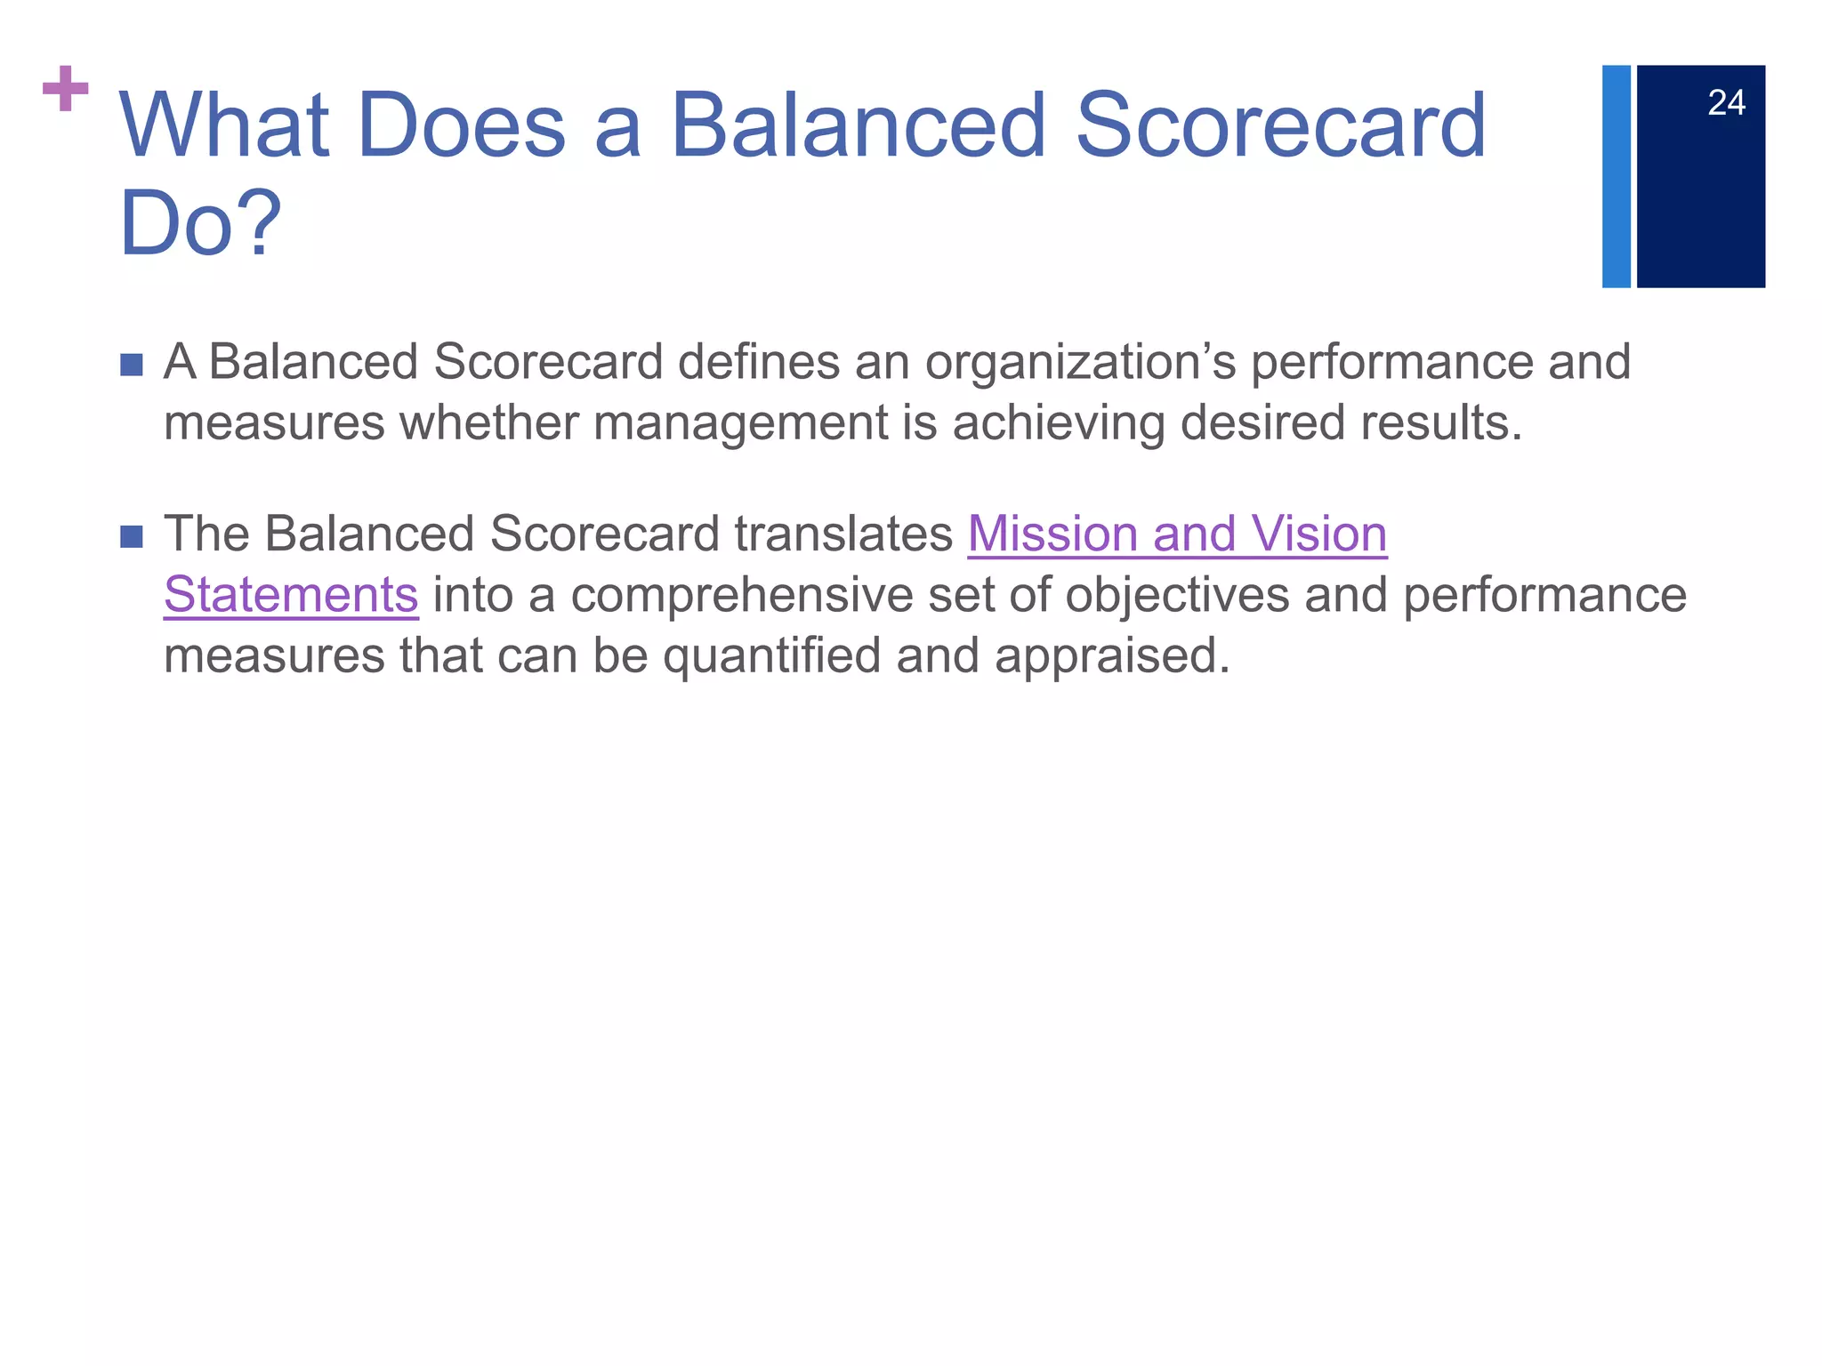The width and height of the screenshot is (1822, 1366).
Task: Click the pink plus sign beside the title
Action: (66, 89)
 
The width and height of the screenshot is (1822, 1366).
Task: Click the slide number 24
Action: (1726, 103)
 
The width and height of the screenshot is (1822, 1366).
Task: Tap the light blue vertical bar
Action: (1616, 176)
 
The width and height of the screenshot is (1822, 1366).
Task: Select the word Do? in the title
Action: (200, 224)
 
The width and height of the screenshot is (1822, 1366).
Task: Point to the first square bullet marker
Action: (132, 365)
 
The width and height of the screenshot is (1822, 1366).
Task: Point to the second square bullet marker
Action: (132, 536)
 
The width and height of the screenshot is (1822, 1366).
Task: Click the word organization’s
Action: (1080, 363)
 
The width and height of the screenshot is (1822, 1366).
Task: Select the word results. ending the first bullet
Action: (1440, 423)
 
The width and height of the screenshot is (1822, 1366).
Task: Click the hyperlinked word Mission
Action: (1052, 534)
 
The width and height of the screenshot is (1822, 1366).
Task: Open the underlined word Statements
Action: (291, 595)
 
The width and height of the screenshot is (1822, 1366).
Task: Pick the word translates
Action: (843, 534)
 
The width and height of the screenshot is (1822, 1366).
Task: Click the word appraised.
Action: (1112, 656)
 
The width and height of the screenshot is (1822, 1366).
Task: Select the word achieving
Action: (1058, 423)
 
